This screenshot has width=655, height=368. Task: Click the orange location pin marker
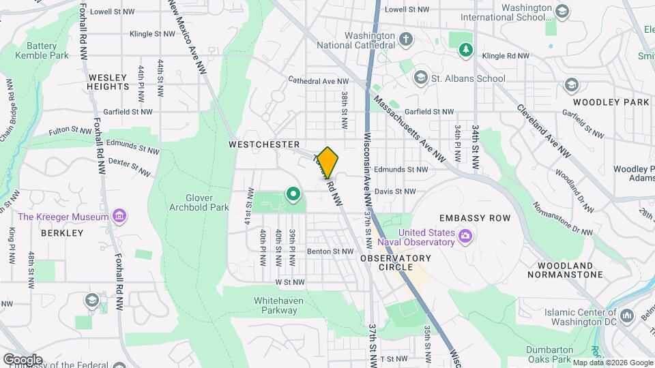click(x=327, y=162)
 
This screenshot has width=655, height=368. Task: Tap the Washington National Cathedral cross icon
click(x=406, y=38)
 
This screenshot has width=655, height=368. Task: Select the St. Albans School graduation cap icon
click(x=420, y=76)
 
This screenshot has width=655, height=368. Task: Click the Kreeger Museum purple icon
click(x=120, y=217)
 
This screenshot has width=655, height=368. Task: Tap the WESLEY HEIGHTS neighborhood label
click(x=108, y=82)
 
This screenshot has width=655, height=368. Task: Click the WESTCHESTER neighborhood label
click(x=264, y=144)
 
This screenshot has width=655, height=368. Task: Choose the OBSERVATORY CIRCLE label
click(x=396, y=262)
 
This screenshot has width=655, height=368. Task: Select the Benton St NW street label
click(x=333, y=251)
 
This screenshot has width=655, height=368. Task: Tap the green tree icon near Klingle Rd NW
click(x=467, y=49)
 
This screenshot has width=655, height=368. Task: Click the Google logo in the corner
click(x=23, y=359)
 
